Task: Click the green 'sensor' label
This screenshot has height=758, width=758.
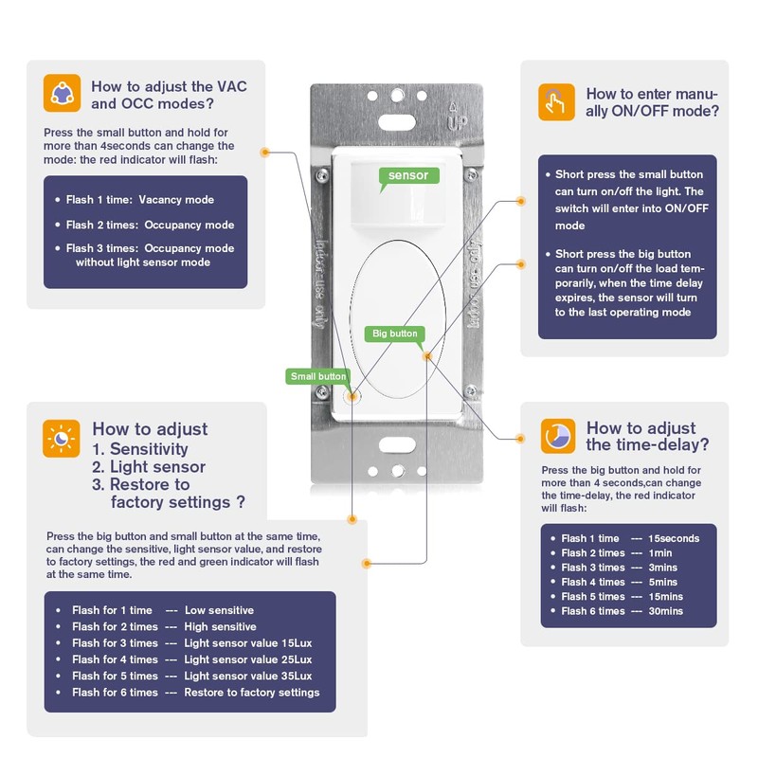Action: coord(408,175)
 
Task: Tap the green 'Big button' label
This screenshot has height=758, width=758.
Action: coord(394,334)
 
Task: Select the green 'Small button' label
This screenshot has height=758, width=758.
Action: coord(318,376)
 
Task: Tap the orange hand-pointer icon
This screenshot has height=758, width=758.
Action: coord(556,102)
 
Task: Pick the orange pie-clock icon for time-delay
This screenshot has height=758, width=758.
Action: coord(557,436)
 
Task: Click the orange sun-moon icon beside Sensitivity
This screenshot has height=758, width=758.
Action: coord(62,439)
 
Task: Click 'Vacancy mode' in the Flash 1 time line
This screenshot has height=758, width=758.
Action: coord(176,200)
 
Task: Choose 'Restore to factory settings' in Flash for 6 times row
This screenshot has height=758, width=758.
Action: coord(252,693)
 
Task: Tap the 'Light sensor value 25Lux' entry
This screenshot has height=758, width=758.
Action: coord(247,659)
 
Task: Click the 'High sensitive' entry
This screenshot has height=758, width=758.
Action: coord(220,626)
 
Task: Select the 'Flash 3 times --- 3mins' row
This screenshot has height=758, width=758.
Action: coord(620,568)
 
